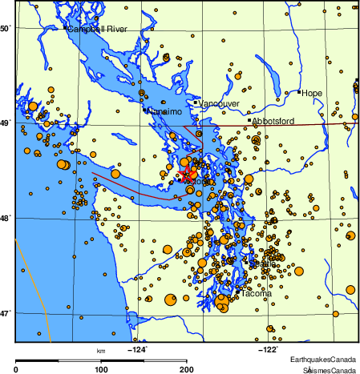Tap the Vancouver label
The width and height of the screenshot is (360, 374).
217,104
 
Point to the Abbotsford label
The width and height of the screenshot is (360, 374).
274,121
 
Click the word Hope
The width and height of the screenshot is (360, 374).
312,94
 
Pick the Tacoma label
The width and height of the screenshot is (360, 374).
257,294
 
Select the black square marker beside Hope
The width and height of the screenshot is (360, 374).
299,92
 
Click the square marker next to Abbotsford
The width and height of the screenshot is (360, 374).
250,121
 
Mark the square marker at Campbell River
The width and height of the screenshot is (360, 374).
65,28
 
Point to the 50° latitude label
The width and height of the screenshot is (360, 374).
5,29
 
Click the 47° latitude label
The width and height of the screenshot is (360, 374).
5,312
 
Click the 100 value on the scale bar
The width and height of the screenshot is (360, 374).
101,370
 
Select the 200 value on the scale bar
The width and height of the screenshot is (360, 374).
186,370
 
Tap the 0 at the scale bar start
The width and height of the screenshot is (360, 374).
17,370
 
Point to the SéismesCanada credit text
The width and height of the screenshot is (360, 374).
329,370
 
